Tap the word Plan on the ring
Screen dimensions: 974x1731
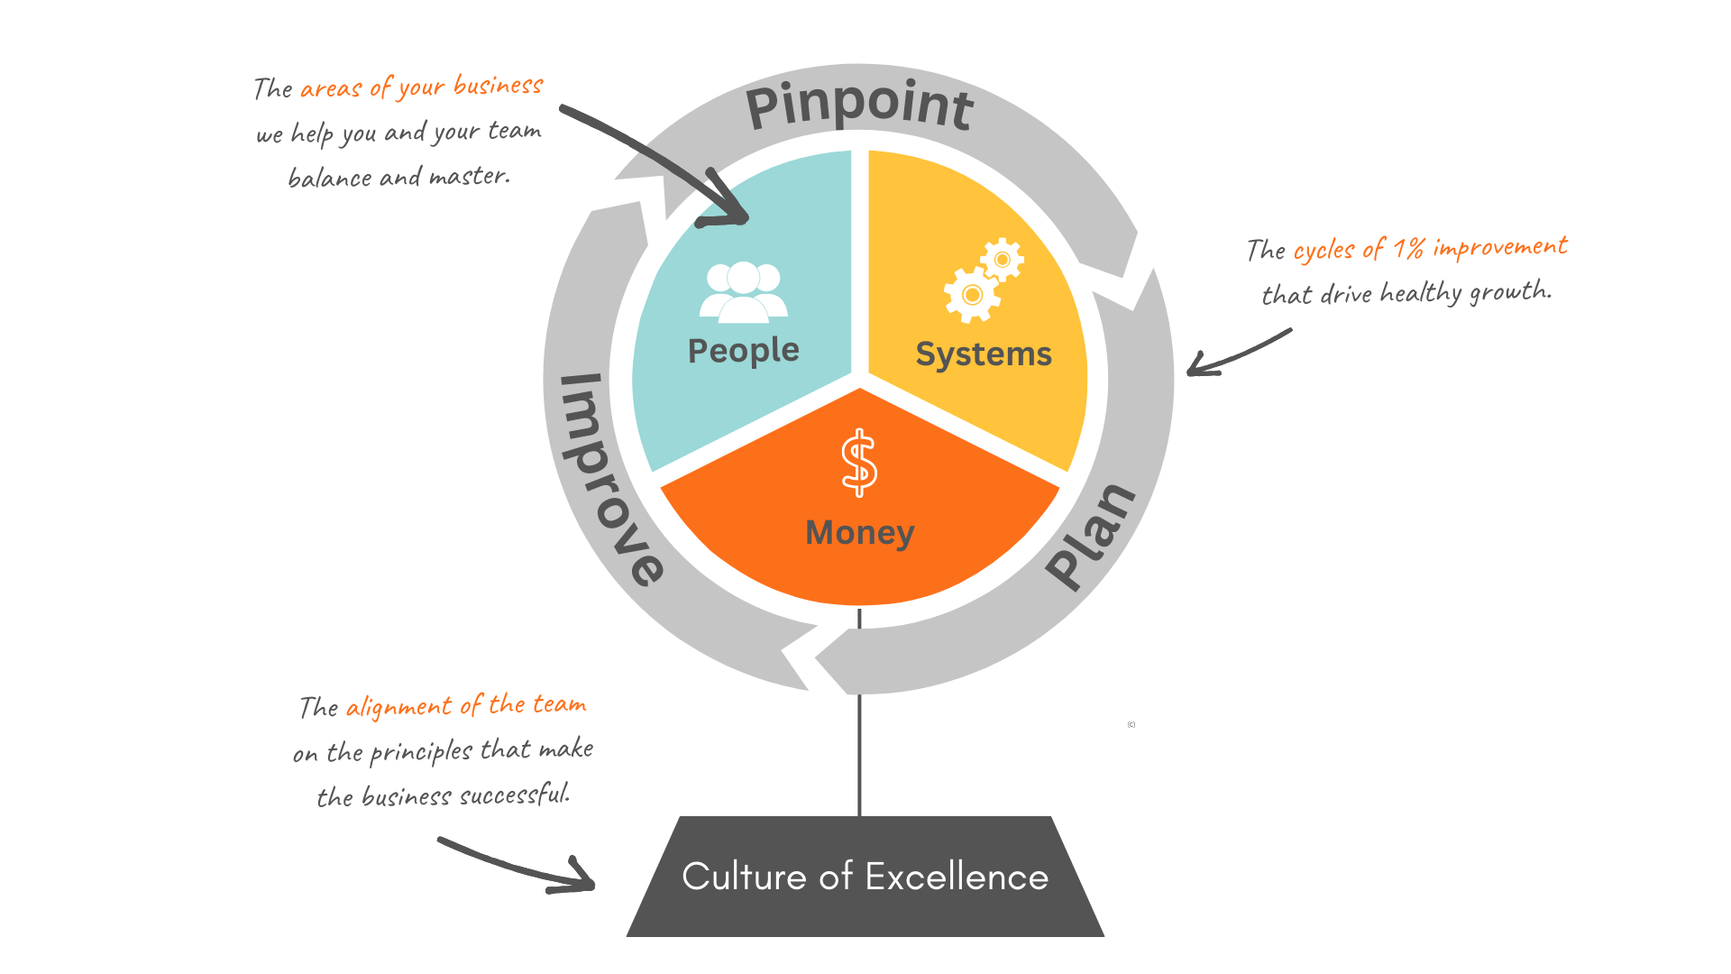1091,537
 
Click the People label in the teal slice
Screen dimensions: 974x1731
743,350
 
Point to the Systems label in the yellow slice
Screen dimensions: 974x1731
984,354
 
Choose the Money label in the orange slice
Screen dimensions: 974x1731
859,533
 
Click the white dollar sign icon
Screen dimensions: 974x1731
859,463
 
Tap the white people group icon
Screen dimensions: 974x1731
744,292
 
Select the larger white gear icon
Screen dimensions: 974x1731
971,295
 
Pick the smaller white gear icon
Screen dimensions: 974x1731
1003,260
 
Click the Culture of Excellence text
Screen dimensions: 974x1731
865,877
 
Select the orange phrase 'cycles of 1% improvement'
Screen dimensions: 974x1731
1430,248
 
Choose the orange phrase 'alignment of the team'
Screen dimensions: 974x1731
466,705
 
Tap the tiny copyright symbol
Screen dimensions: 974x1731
1131,724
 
